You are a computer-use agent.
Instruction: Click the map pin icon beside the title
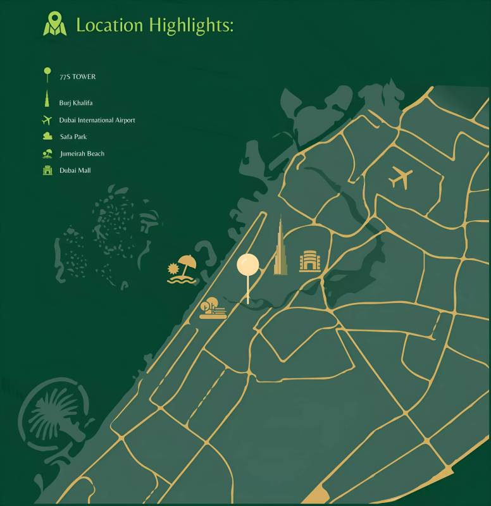pyautogui.click(x=55, y=23)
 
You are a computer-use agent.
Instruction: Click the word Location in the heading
pyautogui.click(x=109, y=25)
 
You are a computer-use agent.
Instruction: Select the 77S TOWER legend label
pyautogui.click(x=78, y=77)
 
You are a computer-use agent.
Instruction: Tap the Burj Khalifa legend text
pyautogui.click(x=76, y=102)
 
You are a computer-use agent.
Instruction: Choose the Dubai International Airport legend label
pyautogui.click(x=97, y=120)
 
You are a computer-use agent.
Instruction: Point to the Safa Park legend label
pyautogui.click(x=73, y=136)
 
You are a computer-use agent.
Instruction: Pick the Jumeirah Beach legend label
pyautogui.click(x=82, y=153)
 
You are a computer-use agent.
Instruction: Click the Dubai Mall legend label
pyautogui.click(x=75, y=170)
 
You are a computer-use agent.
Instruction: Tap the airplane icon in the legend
pyautogui.click(x=46, y=120)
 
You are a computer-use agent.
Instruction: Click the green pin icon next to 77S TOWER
pyautogui.click(x=46, y=75)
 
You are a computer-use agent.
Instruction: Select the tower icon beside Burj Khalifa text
pyautogui.click(x=46, y=100)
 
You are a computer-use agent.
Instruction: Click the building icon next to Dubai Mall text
pyautogui.click(x=47, y=170)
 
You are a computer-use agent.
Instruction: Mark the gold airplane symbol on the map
pyautogui.click(x=400, y=177)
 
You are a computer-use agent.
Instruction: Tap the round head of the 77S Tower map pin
pyautogui.click(x=248, y=265)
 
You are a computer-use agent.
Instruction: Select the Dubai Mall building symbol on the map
pyautogui.click(x=310, y=261)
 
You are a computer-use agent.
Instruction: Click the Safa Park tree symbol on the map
pyautogui.click(x=213, y=309)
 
